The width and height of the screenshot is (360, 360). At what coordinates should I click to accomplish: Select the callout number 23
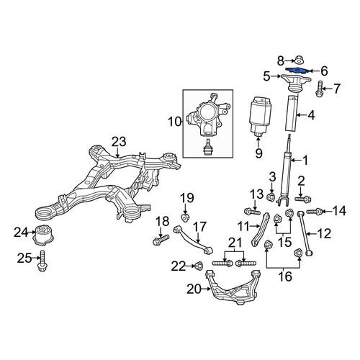coord(119,142)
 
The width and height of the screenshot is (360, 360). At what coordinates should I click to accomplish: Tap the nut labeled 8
coord(298,60)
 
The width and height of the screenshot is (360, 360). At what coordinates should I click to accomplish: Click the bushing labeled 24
coord(43,235)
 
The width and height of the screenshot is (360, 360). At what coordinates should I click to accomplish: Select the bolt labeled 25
coord(42,261)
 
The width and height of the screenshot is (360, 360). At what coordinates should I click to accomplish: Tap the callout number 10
coord(174,122)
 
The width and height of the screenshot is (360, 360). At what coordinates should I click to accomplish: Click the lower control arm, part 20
coord(233,288)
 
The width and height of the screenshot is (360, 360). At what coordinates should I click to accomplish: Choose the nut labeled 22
coord(199,266)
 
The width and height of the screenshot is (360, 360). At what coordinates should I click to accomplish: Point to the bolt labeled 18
coord(161,240)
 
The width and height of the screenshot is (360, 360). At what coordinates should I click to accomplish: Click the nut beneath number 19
coord(185,217)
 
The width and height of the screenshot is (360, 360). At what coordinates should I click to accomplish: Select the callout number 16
coord(285,276)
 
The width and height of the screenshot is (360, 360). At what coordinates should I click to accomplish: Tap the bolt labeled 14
coord(315,211)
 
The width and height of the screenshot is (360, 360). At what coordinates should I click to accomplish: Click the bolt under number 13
coord(252,212)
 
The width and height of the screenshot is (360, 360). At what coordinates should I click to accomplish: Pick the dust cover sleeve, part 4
coord(292,113)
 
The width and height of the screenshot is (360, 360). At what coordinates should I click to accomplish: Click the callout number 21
coord(235,243)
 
